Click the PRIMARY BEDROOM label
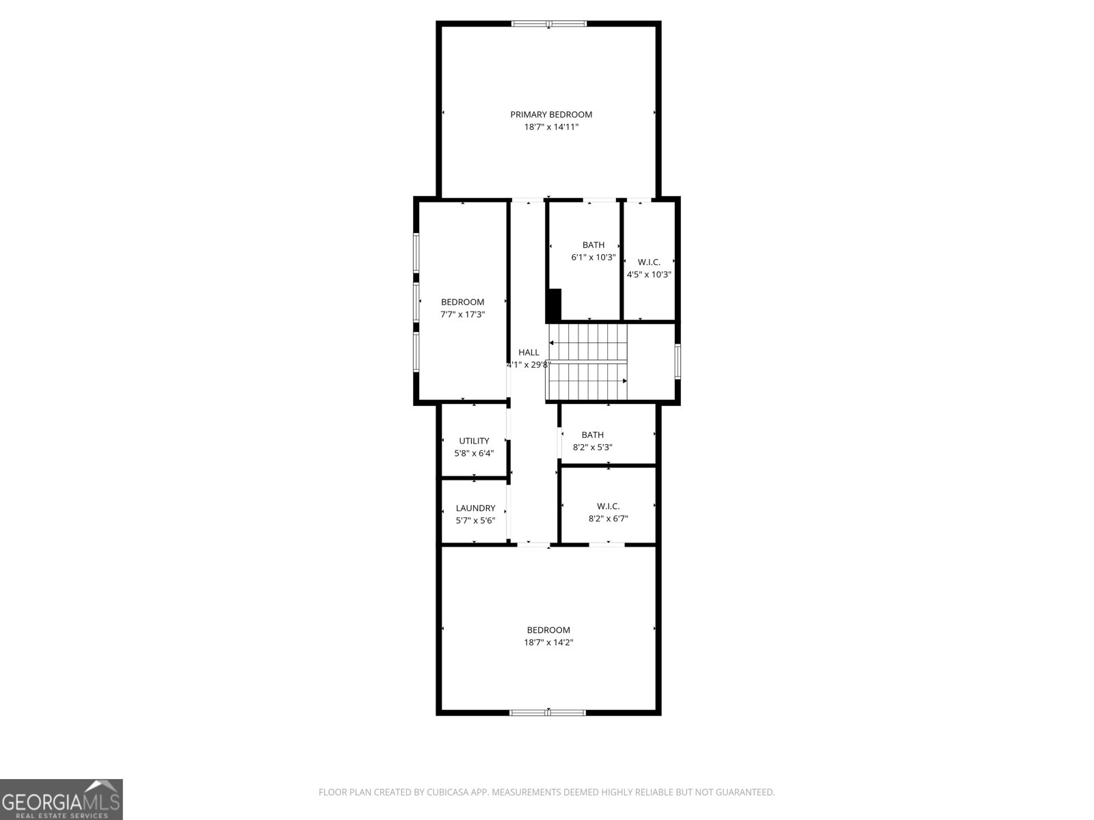(x=551, y=115)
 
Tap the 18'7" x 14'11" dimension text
(x=551, y=127)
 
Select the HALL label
(x=529, y=353)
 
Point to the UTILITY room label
(x=474, y=441)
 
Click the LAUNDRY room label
(x=475, y=508)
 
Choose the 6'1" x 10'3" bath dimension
(x=593, y=258)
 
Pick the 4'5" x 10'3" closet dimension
(x=649, y=275)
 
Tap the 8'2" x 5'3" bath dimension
(x=592, y=448)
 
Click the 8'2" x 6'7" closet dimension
(x=608, y=519)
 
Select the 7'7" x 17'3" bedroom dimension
(x=462, y=314)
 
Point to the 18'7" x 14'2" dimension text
(x=548, y=642)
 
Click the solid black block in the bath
(x=554, y=305)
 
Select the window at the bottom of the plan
(x=548, y=713)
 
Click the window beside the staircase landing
(x=678, y=361)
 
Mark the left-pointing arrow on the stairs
(x=552, y=342)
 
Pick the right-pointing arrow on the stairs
(x=624, y=381)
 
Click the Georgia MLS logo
(x=61, y=799)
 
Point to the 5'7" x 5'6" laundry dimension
(x=475, y=521)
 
